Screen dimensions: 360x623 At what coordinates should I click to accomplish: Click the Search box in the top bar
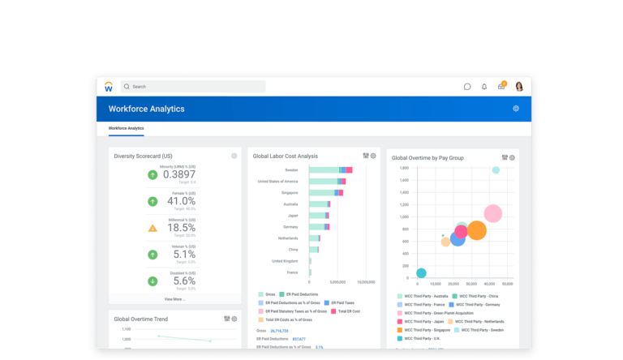coord(193,86)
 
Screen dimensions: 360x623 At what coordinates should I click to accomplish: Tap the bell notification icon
coord(484,86)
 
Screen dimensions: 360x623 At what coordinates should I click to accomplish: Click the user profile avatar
coord(519,86)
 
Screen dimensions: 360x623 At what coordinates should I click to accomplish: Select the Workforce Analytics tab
coord(126,128)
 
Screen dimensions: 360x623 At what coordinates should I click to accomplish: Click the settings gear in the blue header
coord(516,109)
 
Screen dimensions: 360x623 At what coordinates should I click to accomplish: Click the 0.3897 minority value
coord(179,174)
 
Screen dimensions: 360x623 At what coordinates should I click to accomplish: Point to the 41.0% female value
coord(181,201)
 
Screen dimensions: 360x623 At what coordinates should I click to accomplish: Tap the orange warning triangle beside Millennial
coord(153,228)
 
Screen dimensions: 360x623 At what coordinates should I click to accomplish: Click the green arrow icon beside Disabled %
coord(153,281)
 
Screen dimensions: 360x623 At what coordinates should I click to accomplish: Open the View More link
coord(174,299)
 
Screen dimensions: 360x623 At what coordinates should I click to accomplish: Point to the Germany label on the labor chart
coord(290,227)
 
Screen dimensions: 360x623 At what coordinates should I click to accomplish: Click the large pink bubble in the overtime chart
coord(492,214)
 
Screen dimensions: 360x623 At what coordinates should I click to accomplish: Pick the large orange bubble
coord(477,231)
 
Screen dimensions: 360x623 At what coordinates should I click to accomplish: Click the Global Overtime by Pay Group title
coord(428,158)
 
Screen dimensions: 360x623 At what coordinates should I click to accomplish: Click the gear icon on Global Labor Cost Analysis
coord(373,156)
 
